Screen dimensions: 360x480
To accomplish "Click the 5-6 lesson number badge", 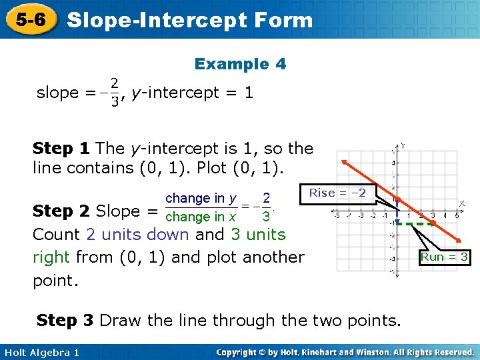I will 31,19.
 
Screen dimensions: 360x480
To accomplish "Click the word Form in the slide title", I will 283,20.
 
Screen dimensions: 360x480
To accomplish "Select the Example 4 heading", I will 240,64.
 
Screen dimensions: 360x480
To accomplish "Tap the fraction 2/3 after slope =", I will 115,93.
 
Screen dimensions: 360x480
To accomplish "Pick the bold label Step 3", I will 65,320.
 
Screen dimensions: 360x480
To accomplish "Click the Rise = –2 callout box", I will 338,193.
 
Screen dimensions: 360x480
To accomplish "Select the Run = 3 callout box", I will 445,257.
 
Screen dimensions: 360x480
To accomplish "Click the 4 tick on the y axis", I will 393,162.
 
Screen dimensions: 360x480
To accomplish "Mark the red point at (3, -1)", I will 433,222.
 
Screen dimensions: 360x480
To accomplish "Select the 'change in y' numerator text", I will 199,198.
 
